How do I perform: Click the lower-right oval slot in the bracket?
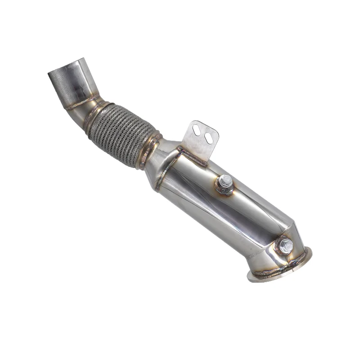tap(208, 138)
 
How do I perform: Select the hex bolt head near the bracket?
tap(225, 182)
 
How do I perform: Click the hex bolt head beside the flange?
tap(285, 246)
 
